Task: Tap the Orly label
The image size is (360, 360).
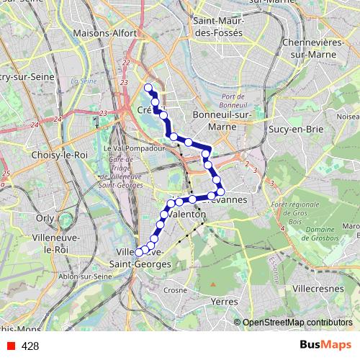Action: [45, 217]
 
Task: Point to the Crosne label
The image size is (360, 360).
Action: [174, 289]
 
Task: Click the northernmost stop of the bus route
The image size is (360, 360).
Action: [149, 88]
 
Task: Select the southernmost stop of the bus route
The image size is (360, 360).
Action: [139, 253]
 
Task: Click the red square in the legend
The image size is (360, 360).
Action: [11, 346]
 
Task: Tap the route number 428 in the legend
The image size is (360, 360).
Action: [30, 346]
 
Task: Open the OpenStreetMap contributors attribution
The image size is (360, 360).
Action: [297, 323]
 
